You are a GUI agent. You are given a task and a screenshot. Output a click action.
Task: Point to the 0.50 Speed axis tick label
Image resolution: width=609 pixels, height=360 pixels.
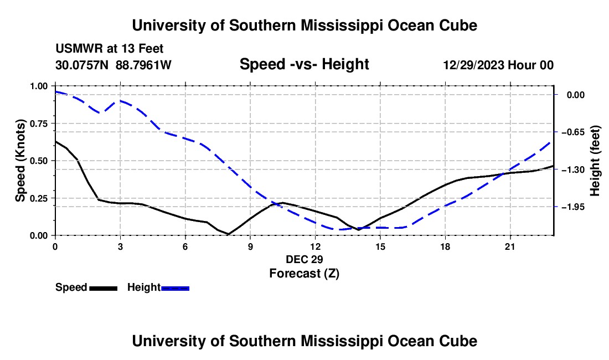click(x=38, y=161)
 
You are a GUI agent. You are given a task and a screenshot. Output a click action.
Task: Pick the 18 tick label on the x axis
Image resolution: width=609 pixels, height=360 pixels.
click(x=445, y=246)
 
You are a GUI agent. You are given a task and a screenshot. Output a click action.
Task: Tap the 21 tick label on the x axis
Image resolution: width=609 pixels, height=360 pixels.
click(x=510, y=246)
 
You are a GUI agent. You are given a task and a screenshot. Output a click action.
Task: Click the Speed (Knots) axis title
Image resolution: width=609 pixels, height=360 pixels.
click(x=20, y=161)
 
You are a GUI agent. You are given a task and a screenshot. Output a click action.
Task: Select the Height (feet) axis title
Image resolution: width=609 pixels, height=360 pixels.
click(x=595, y=161)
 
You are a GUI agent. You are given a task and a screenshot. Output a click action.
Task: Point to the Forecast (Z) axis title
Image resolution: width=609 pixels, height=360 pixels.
click(x=304, y=274)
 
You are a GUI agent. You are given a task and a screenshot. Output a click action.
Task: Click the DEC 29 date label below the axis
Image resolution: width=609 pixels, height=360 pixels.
click(x=304, y=259)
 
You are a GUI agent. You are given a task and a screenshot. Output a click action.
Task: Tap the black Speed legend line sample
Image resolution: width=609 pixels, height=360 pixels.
click(x=104, y=289)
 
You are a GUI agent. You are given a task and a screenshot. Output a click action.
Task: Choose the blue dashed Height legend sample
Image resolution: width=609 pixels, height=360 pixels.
click(x=175, y=289)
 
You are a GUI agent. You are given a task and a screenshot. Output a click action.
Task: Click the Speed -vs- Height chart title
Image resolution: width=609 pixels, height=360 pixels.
click(x=304, y=64)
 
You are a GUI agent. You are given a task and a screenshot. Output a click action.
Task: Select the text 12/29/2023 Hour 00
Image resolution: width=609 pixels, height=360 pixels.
click(x=498, y=65)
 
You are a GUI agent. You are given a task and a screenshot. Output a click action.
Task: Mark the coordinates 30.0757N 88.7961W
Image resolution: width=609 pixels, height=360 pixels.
click(x=113, y=65)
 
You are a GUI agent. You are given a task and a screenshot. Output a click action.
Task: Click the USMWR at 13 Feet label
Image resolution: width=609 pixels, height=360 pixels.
click(x=110, y=49)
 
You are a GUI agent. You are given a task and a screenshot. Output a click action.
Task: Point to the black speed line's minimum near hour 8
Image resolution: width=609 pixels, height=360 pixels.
click(x=228, y=234)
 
